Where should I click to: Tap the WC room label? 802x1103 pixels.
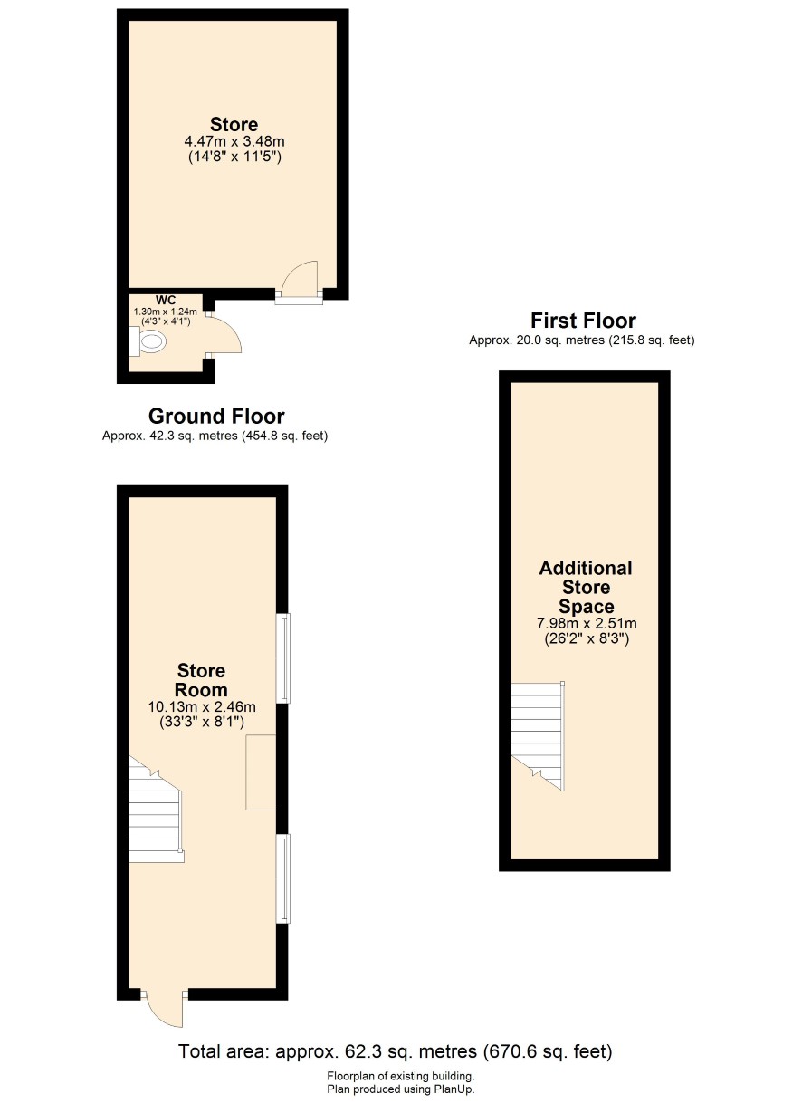point(166,300)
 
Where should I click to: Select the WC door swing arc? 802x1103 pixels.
point(227,333)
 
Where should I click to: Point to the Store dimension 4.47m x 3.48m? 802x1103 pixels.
point(234,142)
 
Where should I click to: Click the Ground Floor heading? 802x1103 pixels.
point(216,416)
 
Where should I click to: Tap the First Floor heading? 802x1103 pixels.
point(584,321)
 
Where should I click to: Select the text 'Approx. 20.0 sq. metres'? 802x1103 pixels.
point(536,340)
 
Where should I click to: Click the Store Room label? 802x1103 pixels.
point(201,679)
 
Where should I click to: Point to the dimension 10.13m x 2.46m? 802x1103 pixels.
point(202,706)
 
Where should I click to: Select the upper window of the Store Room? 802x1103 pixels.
point(283,657)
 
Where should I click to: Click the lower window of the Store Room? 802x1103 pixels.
point(283,878)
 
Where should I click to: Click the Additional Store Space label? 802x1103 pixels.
point(586,587)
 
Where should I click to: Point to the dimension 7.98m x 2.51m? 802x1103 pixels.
point(587,623)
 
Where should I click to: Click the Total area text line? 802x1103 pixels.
point(395,1051)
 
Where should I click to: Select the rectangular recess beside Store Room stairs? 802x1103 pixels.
point(261,772)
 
